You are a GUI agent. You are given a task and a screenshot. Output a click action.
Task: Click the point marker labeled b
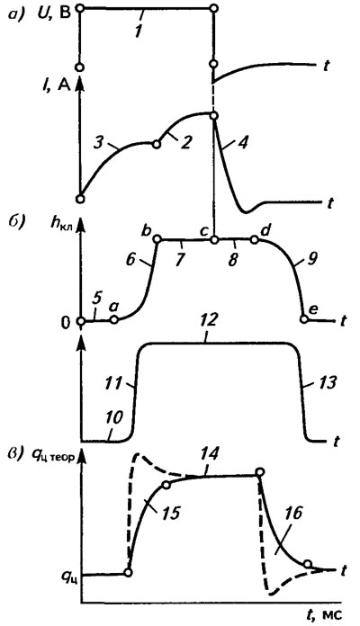[157, 239]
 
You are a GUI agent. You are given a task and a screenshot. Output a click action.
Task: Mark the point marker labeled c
[214, 240]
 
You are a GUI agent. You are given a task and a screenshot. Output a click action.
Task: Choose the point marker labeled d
[254, 240]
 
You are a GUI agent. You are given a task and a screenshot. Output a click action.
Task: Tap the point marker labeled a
[114, 320]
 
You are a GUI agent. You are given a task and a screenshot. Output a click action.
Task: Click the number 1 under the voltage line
[139, 31]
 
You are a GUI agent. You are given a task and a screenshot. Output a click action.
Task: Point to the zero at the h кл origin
[67, 321]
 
